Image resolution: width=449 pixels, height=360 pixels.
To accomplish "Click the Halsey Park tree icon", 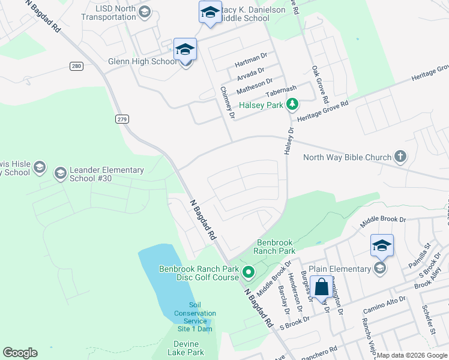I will tap(292, 105).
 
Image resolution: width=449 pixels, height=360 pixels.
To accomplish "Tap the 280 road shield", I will tap(76, 66).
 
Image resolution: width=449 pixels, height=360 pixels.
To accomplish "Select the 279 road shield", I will tap(122, 119).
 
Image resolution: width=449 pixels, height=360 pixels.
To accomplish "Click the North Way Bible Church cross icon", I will tap(400, 157).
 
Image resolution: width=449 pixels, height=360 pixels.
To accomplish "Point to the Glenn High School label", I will tap(142, 61).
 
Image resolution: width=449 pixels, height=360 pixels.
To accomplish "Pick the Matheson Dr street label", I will tap(255, 86).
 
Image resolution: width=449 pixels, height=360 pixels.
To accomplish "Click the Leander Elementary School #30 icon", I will tap(60, 174).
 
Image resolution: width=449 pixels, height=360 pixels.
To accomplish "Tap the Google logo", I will tap(20, 353).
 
